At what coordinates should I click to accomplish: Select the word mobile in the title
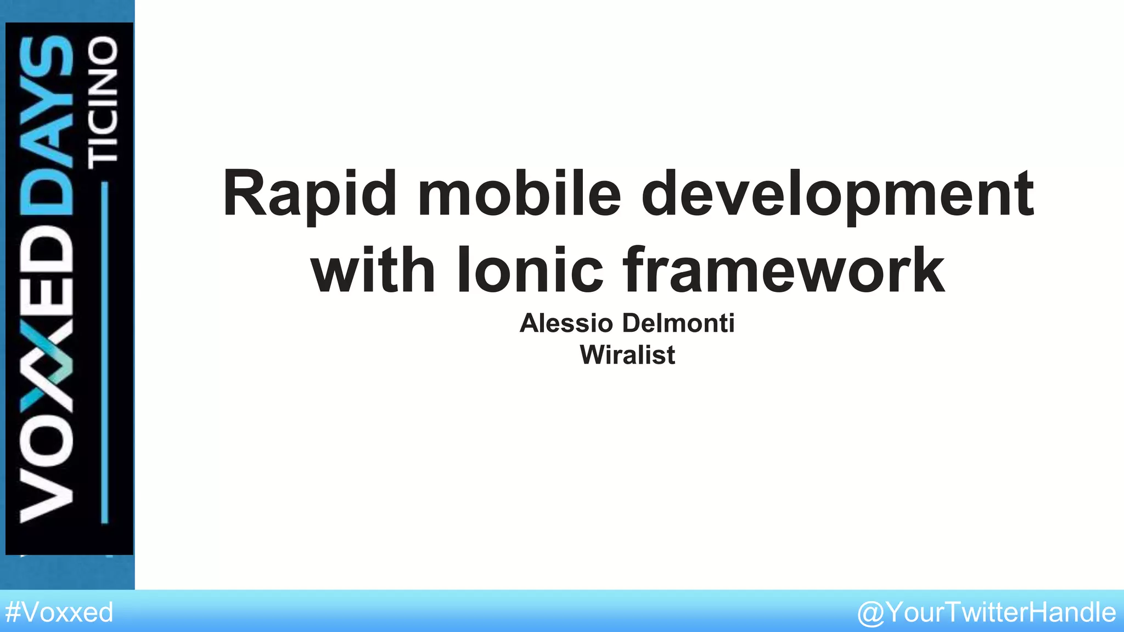tap(519, 194)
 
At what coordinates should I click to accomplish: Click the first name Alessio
tap(566, 323)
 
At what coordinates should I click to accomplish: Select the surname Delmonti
tap(678, 323)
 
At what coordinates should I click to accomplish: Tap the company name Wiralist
tap(627, 355)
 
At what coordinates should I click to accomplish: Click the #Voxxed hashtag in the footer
tap(59, 612)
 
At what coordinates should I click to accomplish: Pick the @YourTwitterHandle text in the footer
tap(986, 612)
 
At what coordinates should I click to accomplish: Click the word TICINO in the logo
tap(103, 101)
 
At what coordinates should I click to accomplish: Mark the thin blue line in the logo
tap(105, 351)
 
